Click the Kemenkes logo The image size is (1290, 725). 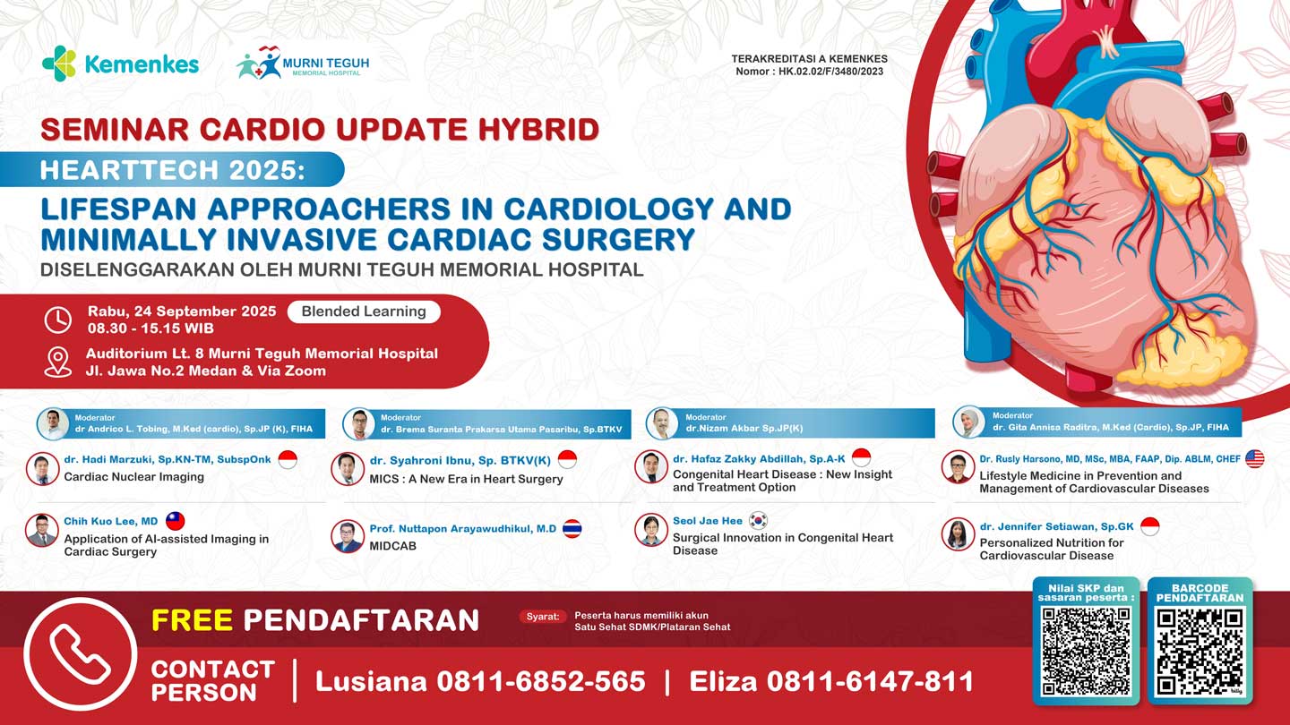click(x=120, y=64)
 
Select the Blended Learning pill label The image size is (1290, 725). click(x=364, y=311)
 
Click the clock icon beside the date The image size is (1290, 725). click(x=58, y=320)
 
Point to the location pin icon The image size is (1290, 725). click(x=58, y=362)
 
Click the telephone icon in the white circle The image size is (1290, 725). click(x=81, y=654)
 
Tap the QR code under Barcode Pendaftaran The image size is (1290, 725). click(x=1200, y=652)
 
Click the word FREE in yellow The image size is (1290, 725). click(x=192, y=619)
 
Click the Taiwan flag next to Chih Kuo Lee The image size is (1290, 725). click(x=176, y=521)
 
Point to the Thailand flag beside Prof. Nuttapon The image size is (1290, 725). click(x=572, y=528)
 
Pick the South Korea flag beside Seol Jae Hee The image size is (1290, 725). click(x=758, y=520)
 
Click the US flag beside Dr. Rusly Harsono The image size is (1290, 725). click(x=1254, y=458)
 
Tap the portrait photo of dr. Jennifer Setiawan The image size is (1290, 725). click(x=958, y=534)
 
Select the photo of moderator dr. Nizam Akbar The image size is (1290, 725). click(x=663, y=422)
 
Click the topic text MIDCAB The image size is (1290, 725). click(x=393, y=546)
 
